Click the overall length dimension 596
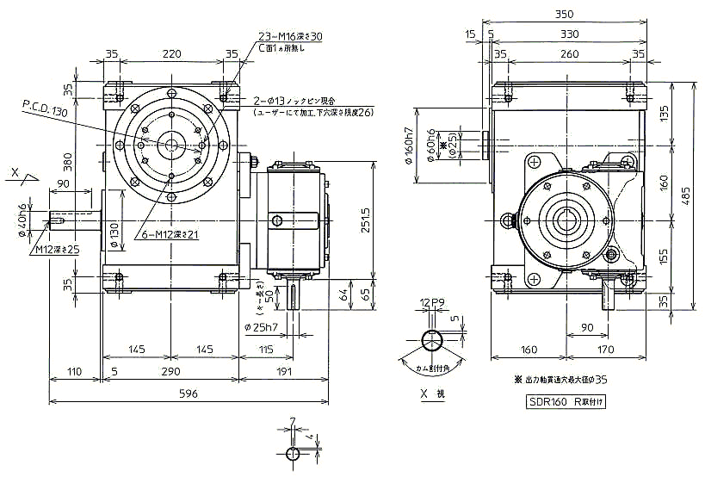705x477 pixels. pyautogui.click(x=188, y=393)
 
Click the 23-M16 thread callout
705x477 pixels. pyautogui.click(x=291, y=37)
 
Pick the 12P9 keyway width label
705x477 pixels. pyautogui.click(x=432, y=302)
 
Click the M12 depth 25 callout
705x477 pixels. pyautogui.click(x=57, y=249)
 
